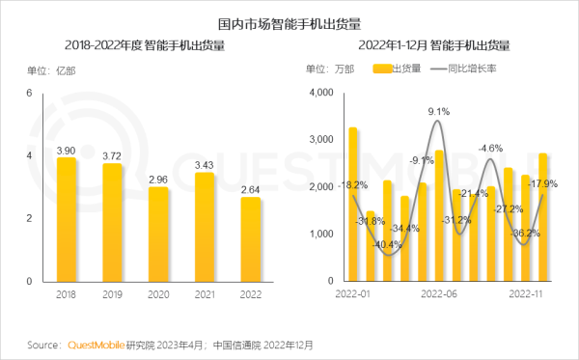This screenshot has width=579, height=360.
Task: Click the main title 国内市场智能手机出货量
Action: coord(289,19)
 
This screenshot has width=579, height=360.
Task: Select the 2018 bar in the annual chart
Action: coord(67,219)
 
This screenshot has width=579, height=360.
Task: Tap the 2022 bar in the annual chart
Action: coord(250,238)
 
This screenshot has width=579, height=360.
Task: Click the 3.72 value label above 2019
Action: coord(112,155)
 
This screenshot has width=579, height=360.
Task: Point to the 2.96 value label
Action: coord(158,179)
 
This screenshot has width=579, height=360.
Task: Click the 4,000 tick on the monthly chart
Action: coord(319,93)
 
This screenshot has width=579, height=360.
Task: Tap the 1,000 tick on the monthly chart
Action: coord(319,234)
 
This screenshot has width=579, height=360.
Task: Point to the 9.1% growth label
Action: coord(438,112)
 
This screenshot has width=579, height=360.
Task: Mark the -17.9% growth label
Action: coord(546,184)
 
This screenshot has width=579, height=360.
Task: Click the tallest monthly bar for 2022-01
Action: coord(353,204)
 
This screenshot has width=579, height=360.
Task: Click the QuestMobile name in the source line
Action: coord(96,344)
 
